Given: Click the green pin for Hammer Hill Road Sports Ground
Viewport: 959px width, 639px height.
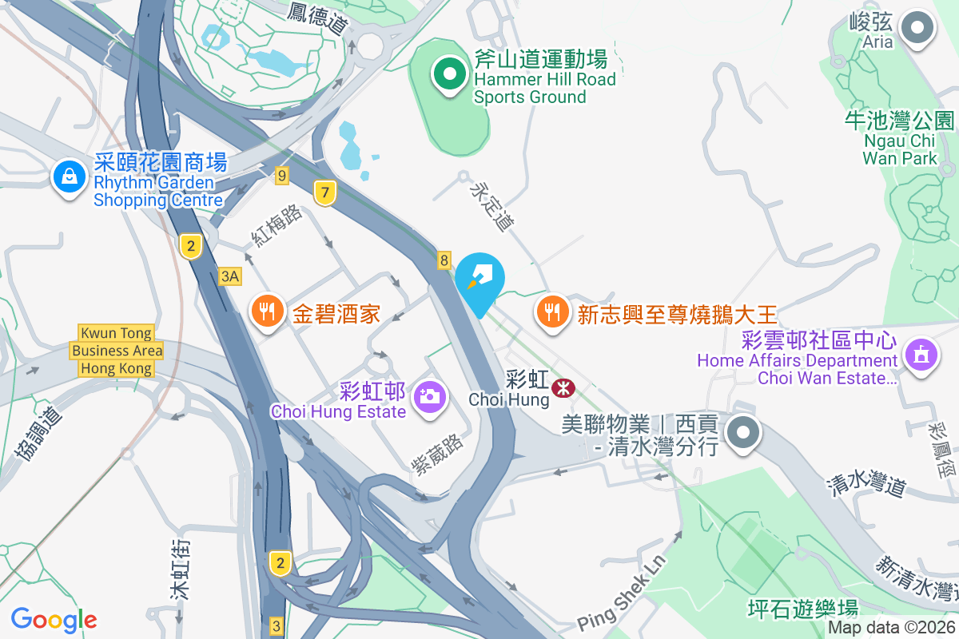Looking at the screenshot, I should click(450, 75).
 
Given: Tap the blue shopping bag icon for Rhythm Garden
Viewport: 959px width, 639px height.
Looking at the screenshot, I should click(70, 176).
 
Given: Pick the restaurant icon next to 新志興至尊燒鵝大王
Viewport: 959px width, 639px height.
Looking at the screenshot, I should click(552, 310).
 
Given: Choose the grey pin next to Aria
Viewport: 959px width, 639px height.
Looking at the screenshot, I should click(917, 30).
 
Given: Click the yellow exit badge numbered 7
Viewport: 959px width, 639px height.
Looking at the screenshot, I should click(324, 192).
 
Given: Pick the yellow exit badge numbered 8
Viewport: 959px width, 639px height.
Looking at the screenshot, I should click(444, 260).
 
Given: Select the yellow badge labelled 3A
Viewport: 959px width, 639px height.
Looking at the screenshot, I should click(230, 276).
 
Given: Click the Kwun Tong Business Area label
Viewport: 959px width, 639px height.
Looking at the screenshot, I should click(117, 351).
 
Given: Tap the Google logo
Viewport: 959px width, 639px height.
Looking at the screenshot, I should click(54, 619).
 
